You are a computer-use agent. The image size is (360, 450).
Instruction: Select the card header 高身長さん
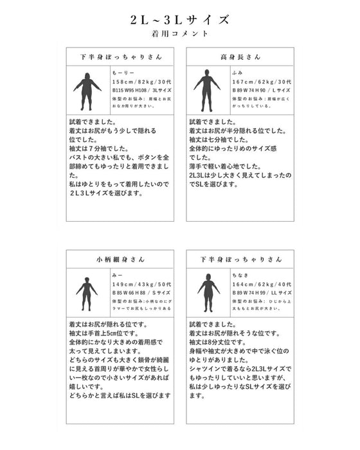point(240,57)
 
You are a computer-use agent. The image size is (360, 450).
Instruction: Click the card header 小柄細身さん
point(120,260)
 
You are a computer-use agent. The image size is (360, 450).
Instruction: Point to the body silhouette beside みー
point(87,293)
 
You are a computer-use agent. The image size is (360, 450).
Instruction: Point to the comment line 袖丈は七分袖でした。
point(216,139)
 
